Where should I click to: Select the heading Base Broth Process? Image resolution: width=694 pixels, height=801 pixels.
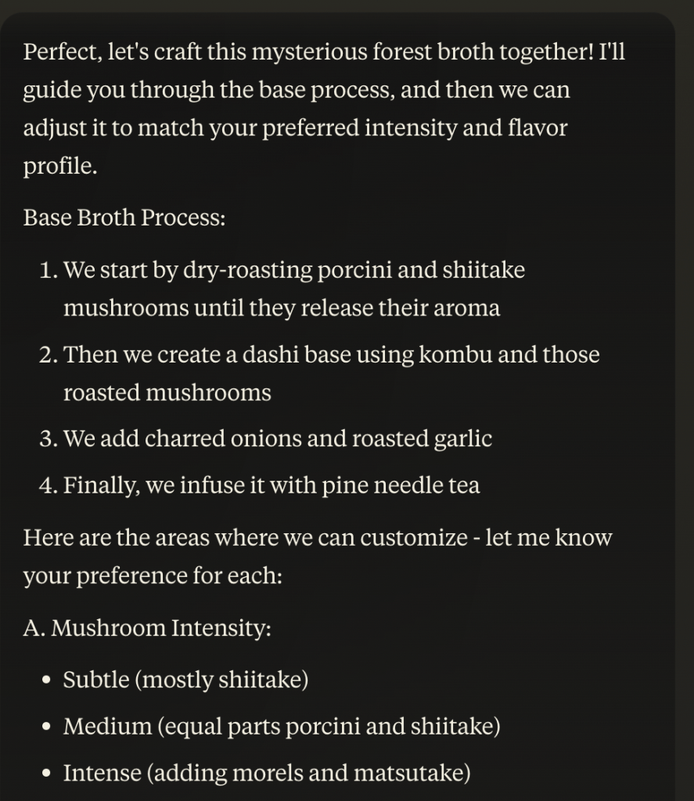click(124, 217)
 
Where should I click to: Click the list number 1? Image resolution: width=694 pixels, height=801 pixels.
click(49, 270)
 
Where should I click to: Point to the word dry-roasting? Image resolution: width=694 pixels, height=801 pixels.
click(247, 270)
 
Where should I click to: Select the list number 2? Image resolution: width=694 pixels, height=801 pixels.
click(49, 355)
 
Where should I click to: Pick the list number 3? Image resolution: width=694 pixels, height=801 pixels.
click(49, 438)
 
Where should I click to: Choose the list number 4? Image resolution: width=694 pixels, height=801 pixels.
click(49, 485)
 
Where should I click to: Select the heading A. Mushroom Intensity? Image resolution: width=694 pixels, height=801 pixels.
click(147, 628)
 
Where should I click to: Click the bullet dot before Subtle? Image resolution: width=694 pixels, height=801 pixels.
click(47, 680)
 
